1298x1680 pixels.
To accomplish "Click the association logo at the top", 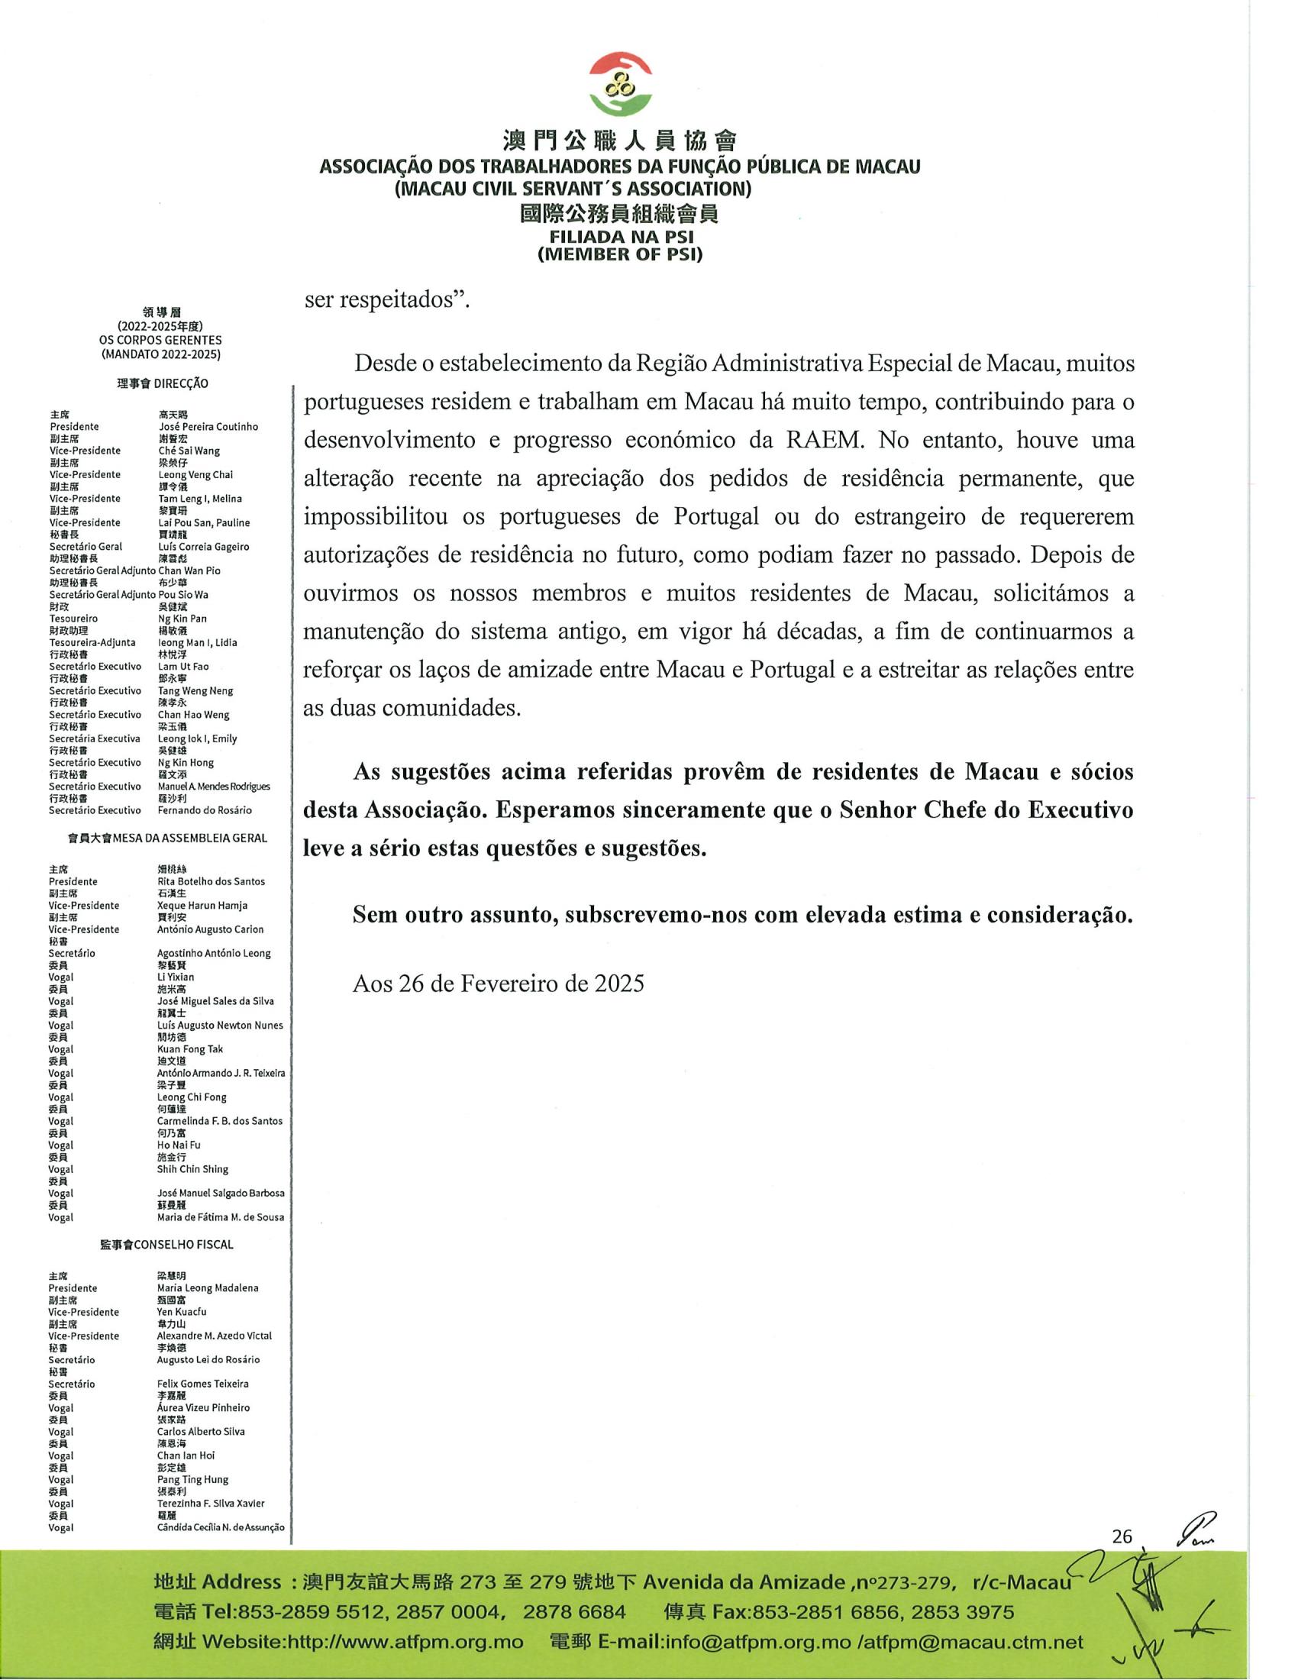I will point(621,84).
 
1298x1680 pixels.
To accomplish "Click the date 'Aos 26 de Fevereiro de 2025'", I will point(499,984).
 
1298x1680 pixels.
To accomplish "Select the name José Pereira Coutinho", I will point(208,426).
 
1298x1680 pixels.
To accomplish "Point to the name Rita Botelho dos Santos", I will point(211,881).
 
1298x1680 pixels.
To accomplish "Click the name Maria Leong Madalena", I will point(208,1287).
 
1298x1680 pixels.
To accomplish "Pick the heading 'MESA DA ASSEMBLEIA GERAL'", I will point(189,838).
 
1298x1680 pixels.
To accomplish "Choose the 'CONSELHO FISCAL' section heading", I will point(183,1244).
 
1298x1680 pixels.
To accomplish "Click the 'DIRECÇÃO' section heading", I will point(181,383).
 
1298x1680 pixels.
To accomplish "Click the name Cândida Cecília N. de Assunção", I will point(221,1527).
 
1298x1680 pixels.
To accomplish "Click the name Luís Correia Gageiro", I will point(203,546).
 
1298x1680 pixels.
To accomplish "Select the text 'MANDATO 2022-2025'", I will point(160,354).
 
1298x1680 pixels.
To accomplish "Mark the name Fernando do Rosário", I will point(205,810).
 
